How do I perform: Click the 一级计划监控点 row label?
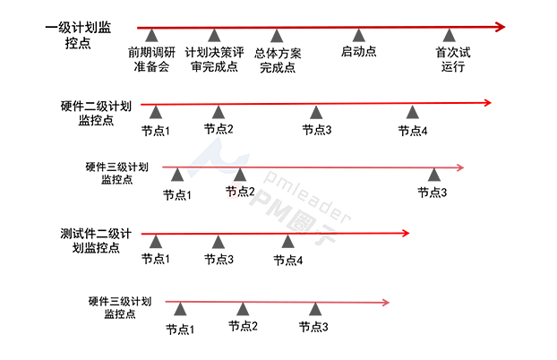pos(79,36)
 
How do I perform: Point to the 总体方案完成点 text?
pos(278,59)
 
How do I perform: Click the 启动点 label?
pos(358,52)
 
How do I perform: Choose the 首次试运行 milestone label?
pos(453,59)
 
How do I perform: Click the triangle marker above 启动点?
pos(358,35)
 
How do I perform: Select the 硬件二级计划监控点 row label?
pos(99,112)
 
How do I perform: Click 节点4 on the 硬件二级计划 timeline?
pos(413,131)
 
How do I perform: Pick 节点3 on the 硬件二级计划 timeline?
pos(316,131)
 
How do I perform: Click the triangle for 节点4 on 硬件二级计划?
pos(413,112)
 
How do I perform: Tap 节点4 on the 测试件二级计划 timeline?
pos(288,260)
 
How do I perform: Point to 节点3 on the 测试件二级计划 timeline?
pos(219,260)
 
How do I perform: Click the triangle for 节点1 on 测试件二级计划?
pos(156,241)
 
